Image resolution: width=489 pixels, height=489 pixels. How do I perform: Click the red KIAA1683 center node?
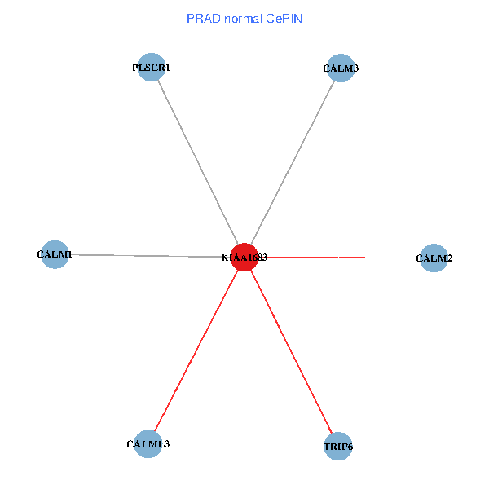point(244,257)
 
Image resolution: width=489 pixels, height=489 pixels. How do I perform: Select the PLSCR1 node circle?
point(152,68)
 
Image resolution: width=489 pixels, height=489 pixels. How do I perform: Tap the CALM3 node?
point(340,68)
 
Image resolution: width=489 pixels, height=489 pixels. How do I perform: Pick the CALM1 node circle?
point(55,254)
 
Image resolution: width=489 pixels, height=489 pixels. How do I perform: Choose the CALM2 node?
point(434,258)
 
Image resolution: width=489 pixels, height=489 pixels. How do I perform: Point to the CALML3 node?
point(148,444)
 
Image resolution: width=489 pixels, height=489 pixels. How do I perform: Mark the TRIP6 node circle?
point(338,447)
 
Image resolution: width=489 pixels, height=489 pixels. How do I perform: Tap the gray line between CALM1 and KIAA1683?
point(147,255)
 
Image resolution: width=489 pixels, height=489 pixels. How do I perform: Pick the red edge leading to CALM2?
point(342,258)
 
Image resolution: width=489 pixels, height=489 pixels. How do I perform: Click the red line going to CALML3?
point(196,350)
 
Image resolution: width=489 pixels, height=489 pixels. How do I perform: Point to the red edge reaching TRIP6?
point(291,351)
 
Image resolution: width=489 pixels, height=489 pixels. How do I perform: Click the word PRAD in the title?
point(201,18)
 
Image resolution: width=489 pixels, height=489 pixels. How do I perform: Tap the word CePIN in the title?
point(284,18)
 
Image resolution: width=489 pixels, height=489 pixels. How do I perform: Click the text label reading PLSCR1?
point(152,68)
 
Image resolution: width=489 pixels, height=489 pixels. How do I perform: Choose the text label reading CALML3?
point(148,444)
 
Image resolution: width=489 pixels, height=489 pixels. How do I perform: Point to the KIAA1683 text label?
point(244,258)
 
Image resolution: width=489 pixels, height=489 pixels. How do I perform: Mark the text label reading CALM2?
point(434,259)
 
